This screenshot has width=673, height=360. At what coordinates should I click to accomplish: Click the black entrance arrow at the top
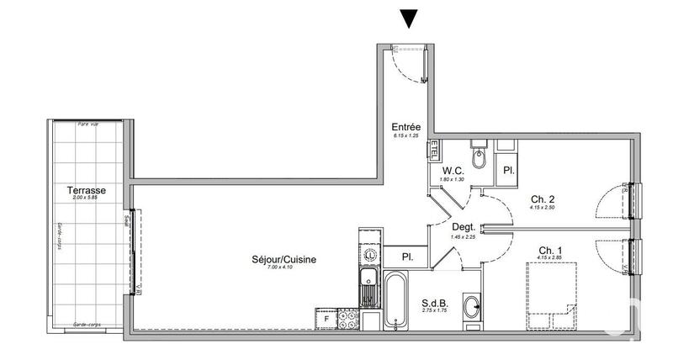pos(409,18)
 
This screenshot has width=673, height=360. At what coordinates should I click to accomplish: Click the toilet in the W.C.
pos(480,156)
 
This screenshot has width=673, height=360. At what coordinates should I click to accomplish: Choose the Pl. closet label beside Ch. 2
pos(509,169)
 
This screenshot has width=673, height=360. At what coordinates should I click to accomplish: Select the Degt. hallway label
pos(464,226)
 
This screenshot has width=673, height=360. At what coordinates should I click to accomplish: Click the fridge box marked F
pos(324,319)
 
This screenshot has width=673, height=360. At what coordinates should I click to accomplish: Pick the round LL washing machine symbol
pos(368,254)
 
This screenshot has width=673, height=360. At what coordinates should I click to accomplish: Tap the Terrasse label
pos(86,190)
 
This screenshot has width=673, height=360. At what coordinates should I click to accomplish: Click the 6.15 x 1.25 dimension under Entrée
pos(406,135)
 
